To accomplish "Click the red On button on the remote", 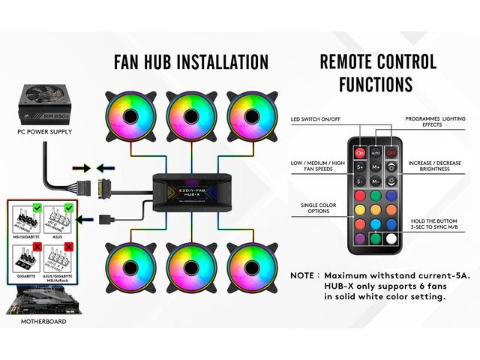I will [x=360, y=151].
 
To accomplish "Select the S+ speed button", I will [x=360, y=167].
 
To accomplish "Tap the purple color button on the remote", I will [x=360, y=240].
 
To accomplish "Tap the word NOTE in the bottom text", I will [x=306, y=275].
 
